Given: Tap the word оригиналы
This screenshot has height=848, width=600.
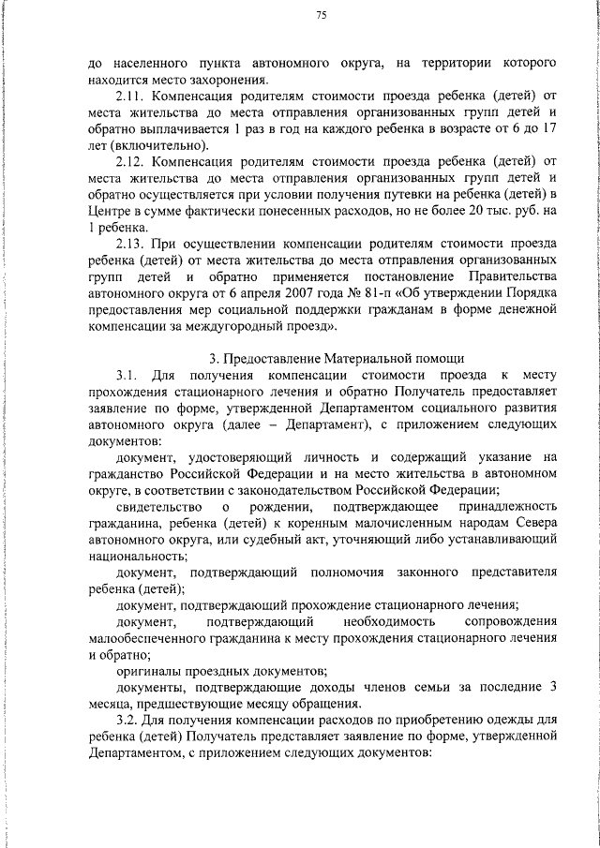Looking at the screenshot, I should pyautogui.click(x=153, y=670).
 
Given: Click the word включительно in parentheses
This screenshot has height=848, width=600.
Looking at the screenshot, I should pyautogui.click(x=160, y=146).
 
